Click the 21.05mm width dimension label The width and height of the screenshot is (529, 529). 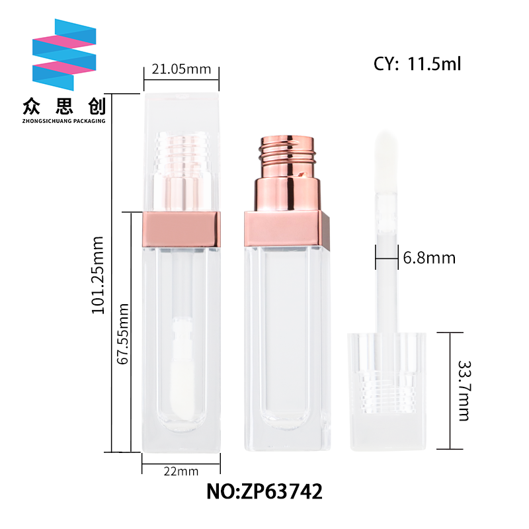point(181,69)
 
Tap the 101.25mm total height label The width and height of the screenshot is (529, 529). point(97,275)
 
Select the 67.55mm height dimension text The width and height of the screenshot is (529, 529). point(122,334)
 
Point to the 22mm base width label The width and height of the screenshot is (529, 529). point(181,471)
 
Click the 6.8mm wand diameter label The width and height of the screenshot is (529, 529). point(429,258)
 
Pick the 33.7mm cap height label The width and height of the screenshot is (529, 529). point(464,391)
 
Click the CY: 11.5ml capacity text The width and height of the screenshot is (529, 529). point(417,63)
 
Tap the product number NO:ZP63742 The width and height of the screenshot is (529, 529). point(264,491)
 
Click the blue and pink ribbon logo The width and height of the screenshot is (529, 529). point(64,55)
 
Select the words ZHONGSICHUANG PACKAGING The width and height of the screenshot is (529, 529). point(63,121)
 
